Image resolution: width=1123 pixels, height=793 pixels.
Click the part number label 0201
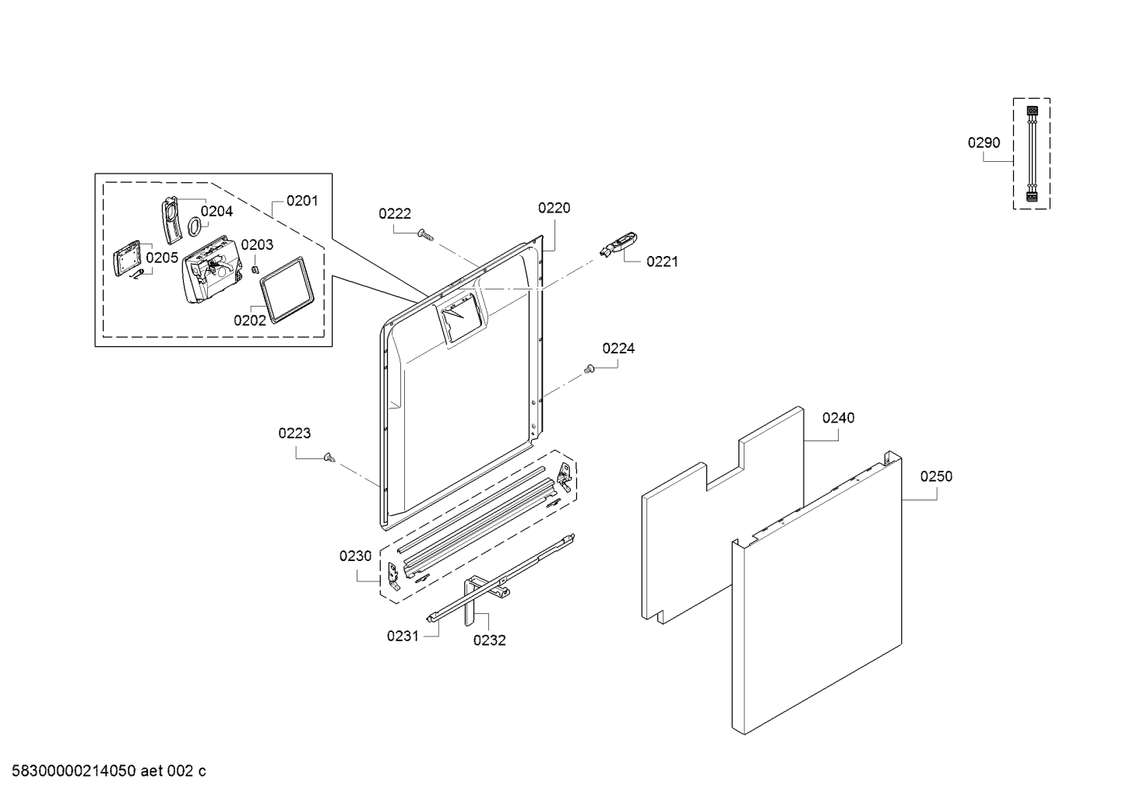pyautogui.click(x=301, y=201)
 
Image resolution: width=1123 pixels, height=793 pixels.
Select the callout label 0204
pyautogui.click(x=217, y=211)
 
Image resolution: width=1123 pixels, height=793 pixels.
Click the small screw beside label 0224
pyautogui.click(x=590, y=369)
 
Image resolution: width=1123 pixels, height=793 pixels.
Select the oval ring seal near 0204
pyautogui.click(x=193, y=226)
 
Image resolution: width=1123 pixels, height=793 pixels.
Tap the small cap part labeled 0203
pyautogui.click(x=254, y=269)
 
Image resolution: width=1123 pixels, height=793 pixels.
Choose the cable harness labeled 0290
pyautogui.click(x=1032, y=153)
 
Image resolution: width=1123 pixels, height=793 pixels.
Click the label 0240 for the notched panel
pyautogui.click(x=838, y=418)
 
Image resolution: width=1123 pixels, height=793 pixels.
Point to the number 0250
pyautogui.click(x=935, y=476)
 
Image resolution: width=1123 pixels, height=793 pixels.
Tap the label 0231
pyautogui.click(x=403, y=636)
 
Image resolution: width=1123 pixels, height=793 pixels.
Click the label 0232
pyautogui.click(x=489, y=640)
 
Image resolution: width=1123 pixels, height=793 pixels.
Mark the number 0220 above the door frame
pyautogui.click(x=554, y=208)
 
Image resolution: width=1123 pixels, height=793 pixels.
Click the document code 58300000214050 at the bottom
pyautogui.click(x=69, y=771)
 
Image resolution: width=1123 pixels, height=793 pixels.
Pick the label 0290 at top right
pyautogui.click(x=984, y=142)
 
